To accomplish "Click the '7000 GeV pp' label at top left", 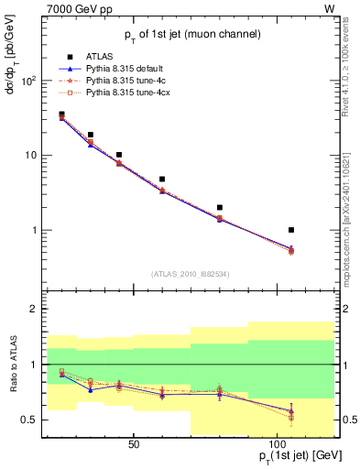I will coord(47,8).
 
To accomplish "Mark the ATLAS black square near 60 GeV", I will coord(162,180).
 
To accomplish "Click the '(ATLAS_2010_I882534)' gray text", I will coord(190,273).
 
